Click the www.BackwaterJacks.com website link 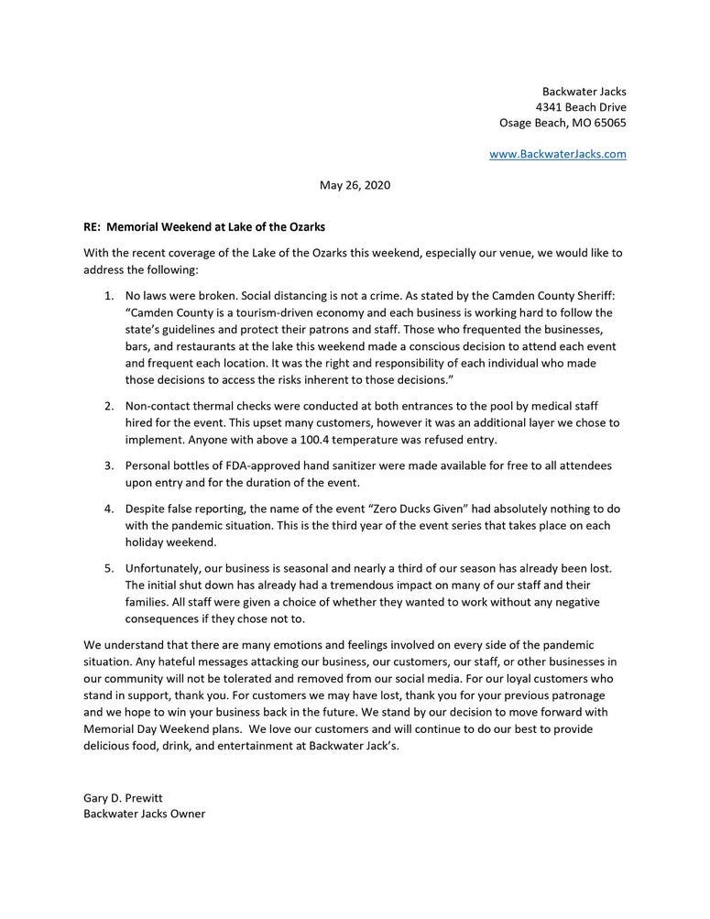point(558,154)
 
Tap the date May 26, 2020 point(355,185)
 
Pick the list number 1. point(107,296)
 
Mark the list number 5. point(107,568)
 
